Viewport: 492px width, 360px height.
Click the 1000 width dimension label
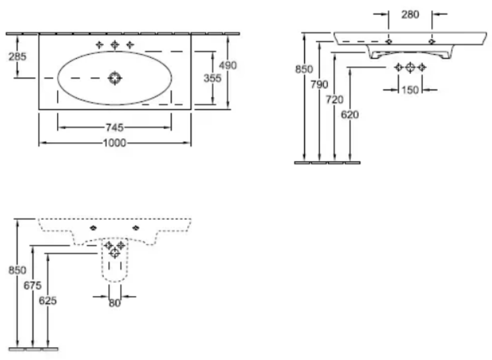[115, 143]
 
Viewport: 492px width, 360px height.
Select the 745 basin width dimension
[115, 128]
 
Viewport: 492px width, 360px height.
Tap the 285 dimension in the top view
[17, 57]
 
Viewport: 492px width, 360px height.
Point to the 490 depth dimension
[228, 66]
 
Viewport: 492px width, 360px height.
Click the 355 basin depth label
[212, 78]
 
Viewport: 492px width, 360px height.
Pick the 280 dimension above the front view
[410, 15]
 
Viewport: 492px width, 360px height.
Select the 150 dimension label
[410, 90]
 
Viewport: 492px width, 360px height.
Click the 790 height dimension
[319, 84]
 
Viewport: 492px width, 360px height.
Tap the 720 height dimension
[334, 100]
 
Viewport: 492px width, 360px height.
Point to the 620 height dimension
[350, 115]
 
